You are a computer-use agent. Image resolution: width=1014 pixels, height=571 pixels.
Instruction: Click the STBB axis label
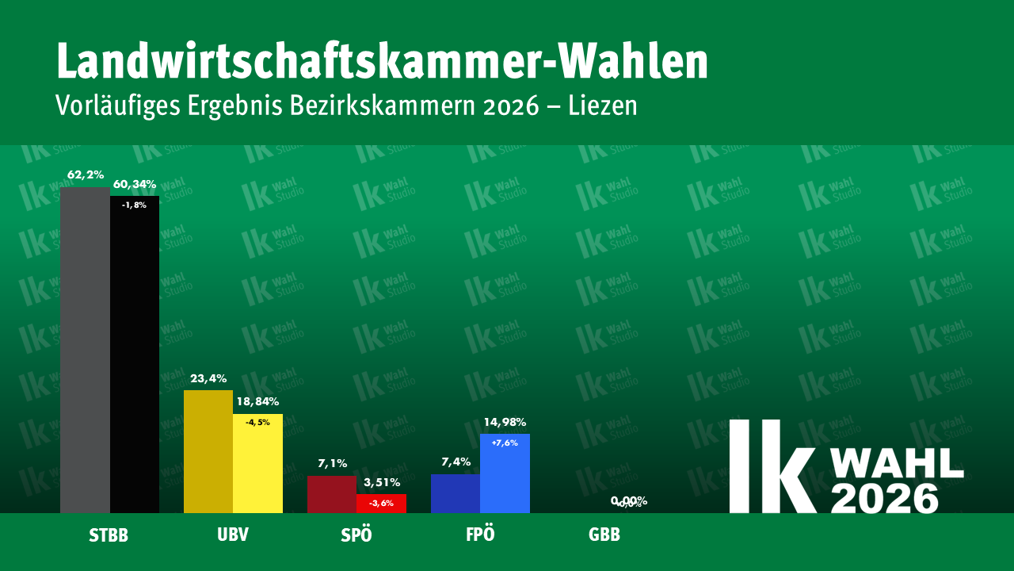click(x=109, y=535)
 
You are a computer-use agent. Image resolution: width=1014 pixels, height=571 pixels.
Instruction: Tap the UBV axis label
click(x=233, y=535)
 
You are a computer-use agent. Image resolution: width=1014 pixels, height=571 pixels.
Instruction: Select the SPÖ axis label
click(x=356, y=535)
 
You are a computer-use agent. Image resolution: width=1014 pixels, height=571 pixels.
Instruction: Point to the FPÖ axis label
click(x=480, y=535)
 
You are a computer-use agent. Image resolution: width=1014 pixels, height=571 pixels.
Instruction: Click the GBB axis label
click(x=604, y=535)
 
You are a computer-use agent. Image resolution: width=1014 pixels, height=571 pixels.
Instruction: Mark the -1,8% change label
click(x=134, y=205)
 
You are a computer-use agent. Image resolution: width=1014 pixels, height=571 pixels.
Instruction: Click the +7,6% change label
click(x=505, y=443)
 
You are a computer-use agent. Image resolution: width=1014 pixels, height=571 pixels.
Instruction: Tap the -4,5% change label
click(x=257, y=423)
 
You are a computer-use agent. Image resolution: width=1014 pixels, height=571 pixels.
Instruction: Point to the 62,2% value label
click(x=85, y=174)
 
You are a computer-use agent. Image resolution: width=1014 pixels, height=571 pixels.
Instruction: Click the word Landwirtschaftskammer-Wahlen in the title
click(x=382, y=62)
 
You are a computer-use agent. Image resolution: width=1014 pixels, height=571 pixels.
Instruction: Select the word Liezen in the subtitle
click(x=603, y=106)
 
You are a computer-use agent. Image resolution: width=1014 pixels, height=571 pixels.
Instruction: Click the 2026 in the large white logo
click(x=885, y=498)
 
